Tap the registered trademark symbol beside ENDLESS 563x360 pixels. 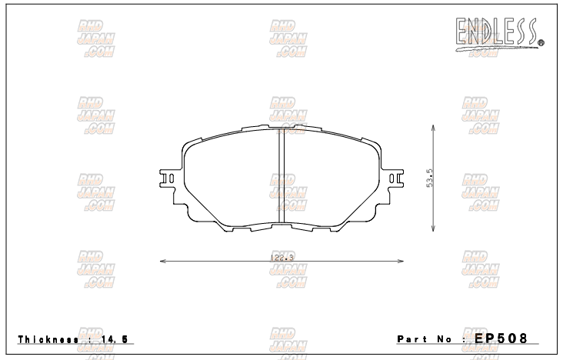tap(541, 42)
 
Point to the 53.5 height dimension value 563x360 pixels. tap(431, 178)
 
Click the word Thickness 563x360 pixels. tap(45, 339)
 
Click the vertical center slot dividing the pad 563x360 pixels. tap(281, 178)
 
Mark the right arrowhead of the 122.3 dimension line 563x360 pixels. tap(401, 261)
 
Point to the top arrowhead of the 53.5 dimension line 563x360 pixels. tap(432, 128)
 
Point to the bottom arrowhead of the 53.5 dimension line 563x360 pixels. tap(432, 228)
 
